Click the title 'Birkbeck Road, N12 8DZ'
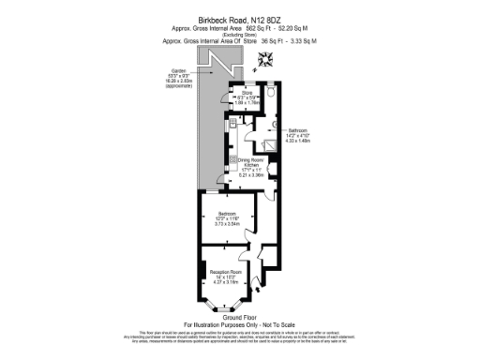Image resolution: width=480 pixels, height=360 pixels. click(239, 19)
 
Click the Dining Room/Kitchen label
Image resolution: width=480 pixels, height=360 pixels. click(249, 166)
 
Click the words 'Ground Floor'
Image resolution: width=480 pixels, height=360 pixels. click(239, 317)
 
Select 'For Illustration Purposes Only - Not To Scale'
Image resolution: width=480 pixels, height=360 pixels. click(239, 324)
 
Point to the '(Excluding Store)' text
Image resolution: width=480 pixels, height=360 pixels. click(239, 36)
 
